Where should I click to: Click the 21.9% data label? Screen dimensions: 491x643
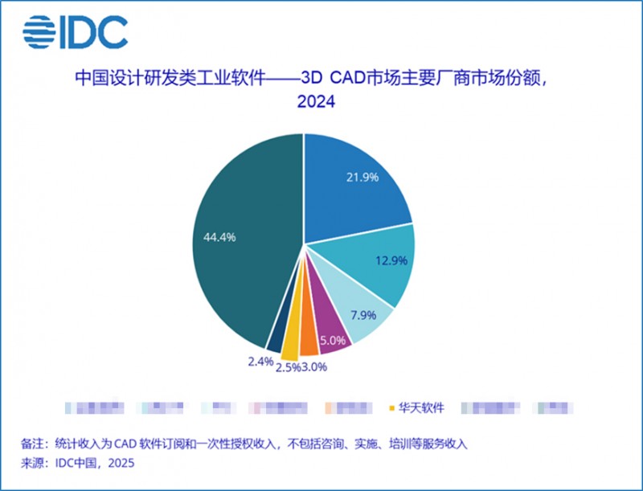[x=361, y=178]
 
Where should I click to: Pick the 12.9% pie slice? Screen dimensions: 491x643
[x=378, y=261]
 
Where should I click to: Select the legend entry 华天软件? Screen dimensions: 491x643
[x=415, y=407]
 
